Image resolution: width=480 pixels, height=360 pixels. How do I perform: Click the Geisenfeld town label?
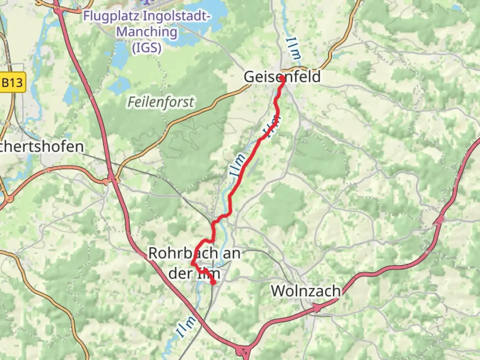coord(282,77)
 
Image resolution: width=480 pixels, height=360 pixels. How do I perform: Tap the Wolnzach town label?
coord(305,291)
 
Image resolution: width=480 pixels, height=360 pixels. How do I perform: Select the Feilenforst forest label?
coord(161,102)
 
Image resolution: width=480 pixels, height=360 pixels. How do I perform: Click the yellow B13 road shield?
coord(13,82)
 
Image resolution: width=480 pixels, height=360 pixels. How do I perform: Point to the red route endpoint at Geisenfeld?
coord(282,79)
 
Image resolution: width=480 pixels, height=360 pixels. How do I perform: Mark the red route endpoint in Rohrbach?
coord(213,283)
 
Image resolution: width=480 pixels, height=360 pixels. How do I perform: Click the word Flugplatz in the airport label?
coord(110,16)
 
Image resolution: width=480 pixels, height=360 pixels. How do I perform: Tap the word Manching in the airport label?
coord(147,32)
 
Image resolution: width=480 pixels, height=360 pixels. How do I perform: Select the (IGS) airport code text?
coord(147,48)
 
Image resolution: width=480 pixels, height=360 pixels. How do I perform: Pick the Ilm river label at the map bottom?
coord(185,327)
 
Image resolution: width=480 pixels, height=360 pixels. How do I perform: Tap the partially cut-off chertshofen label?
coord(42,147)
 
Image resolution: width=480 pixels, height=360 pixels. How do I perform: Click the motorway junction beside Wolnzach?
coord(316,308)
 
